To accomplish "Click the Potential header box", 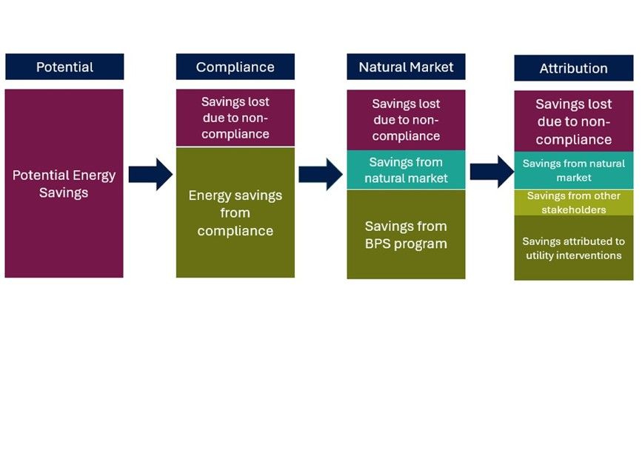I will point(64,67).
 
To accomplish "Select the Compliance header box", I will point(235,67).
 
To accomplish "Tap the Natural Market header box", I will point(406,67).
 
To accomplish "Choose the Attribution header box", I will point(573,68).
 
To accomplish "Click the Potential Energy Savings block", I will point(64,184).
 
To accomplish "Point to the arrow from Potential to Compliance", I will point(150,175).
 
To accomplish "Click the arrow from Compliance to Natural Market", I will point(320,175).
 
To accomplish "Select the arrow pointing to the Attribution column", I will point(491,172).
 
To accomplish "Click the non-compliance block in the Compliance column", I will point(235,118).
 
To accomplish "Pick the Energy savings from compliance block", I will point(235,212).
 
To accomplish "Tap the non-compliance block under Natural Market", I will point(406,120).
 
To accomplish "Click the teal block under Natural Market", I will point(406,170).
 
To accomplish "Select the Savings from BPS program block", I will point(406,234).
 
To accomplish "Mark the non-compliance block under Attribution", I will point(573,121).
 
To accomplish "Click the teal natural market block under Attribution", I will point(573,170).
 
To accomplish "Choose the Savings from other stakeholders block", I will point(573,203).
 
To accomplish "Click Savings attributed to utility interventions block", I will point(573,248).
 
